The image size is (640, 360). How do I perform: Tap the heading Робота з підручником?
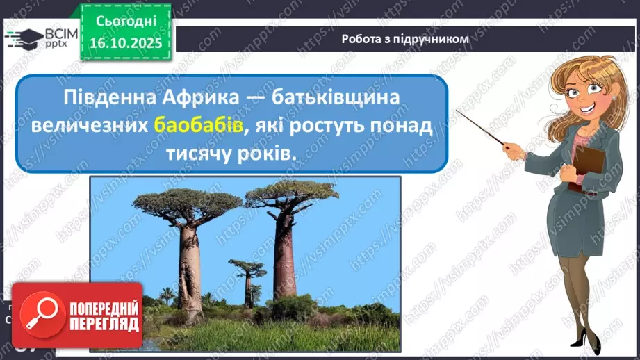pyautogui.click(x=405, y=39)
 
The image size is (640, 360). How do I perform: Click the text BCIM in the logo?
pyautogui.click(x=52, y=33)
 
